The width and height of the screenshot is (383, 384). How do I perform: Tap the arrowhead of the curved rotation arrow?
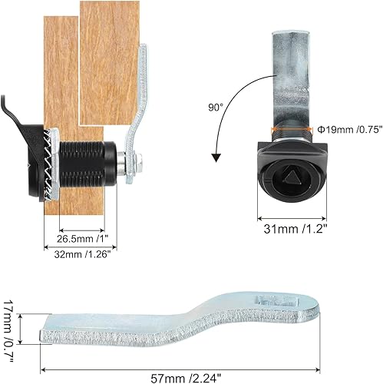(217, 157)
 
